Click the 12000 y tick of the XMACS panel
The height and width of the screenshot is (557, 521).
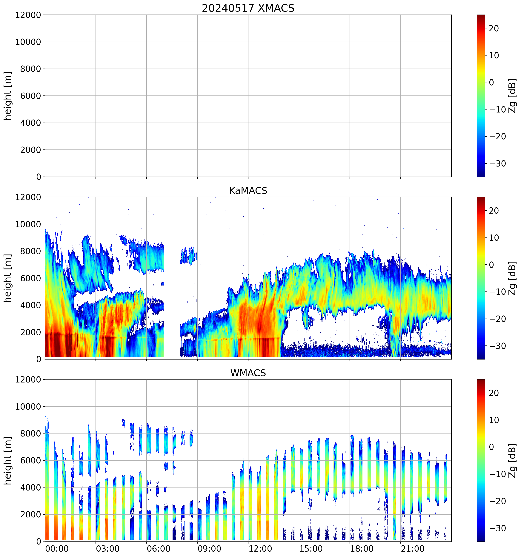(28, 15)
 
